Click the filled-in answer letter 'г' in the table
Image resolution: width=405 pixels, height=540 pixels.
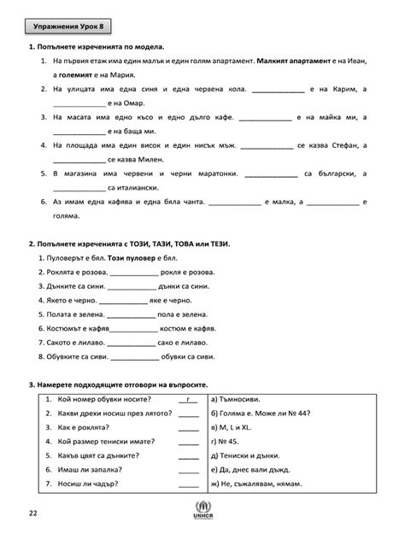187,399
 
